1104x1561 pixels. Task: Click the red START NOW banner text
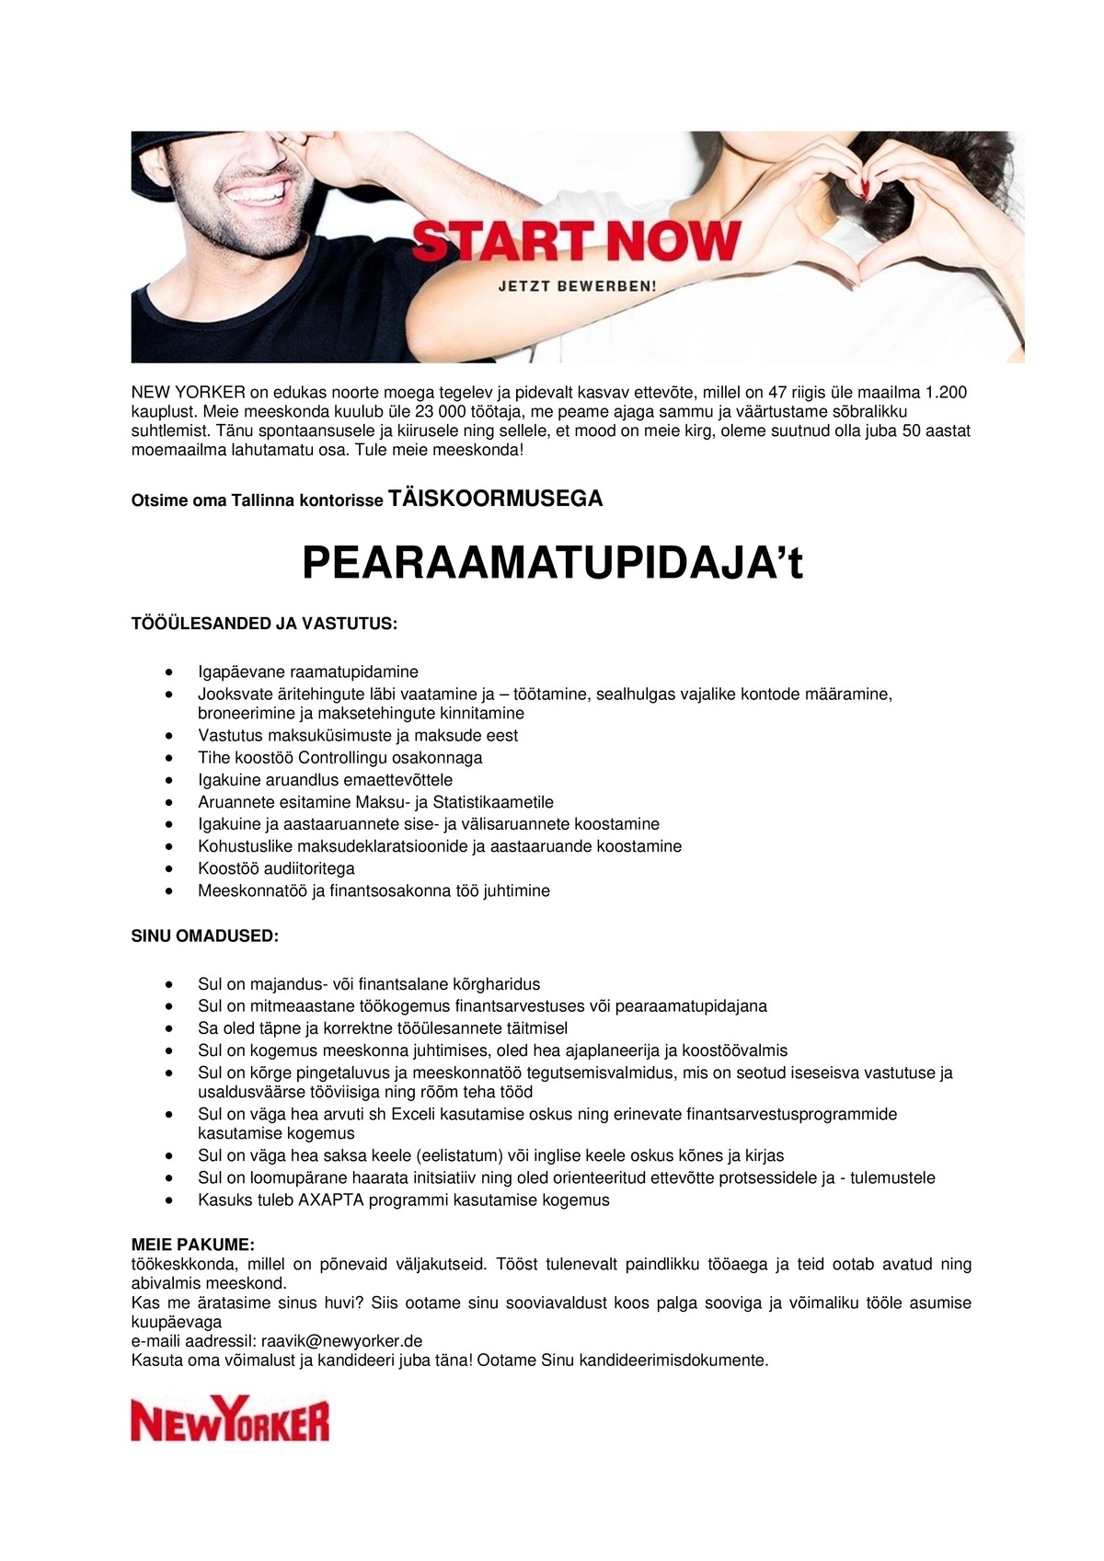point(577,241)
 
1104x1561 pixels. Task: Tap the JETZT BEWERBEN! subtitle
point(577,286)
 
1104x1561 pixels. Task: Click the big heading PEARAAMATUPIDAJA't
point(552,563)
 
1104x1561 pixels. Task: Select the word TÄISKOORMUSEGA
point(496,499)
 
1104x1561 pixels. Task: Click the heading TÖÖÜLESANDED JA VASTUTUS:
point(264,624)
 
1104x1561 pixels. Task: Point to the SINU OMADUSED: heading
point(204,936)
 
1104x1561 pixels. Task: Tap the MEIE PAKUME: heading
point(192,1245)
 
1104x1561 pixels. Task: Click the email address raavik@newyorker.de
point(341,1340)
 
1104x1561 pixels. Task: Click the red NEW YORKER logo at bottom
point(230,1421)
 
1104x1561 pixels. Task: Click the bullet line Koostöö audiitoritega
point(276,868)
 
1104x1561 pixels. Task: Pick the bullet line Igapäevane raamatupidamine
point(308,671)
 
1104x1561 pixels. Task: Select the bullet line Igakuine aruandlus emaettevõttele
point(325,780)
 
